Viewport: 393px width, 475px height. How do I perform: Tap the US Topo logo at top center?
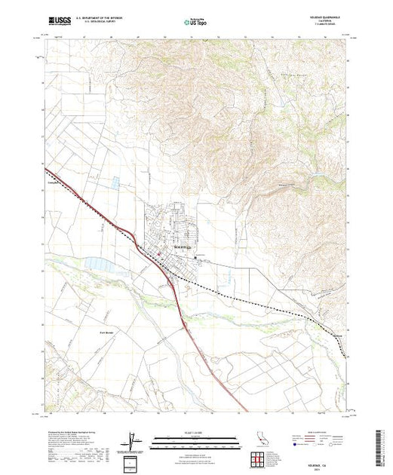[x=196, y=23]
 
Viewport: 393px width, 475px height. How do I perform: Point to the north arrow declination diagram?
[x=133, y=442]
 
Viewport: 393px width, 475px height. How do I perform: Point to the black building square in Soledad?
[x=197, y=258]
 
